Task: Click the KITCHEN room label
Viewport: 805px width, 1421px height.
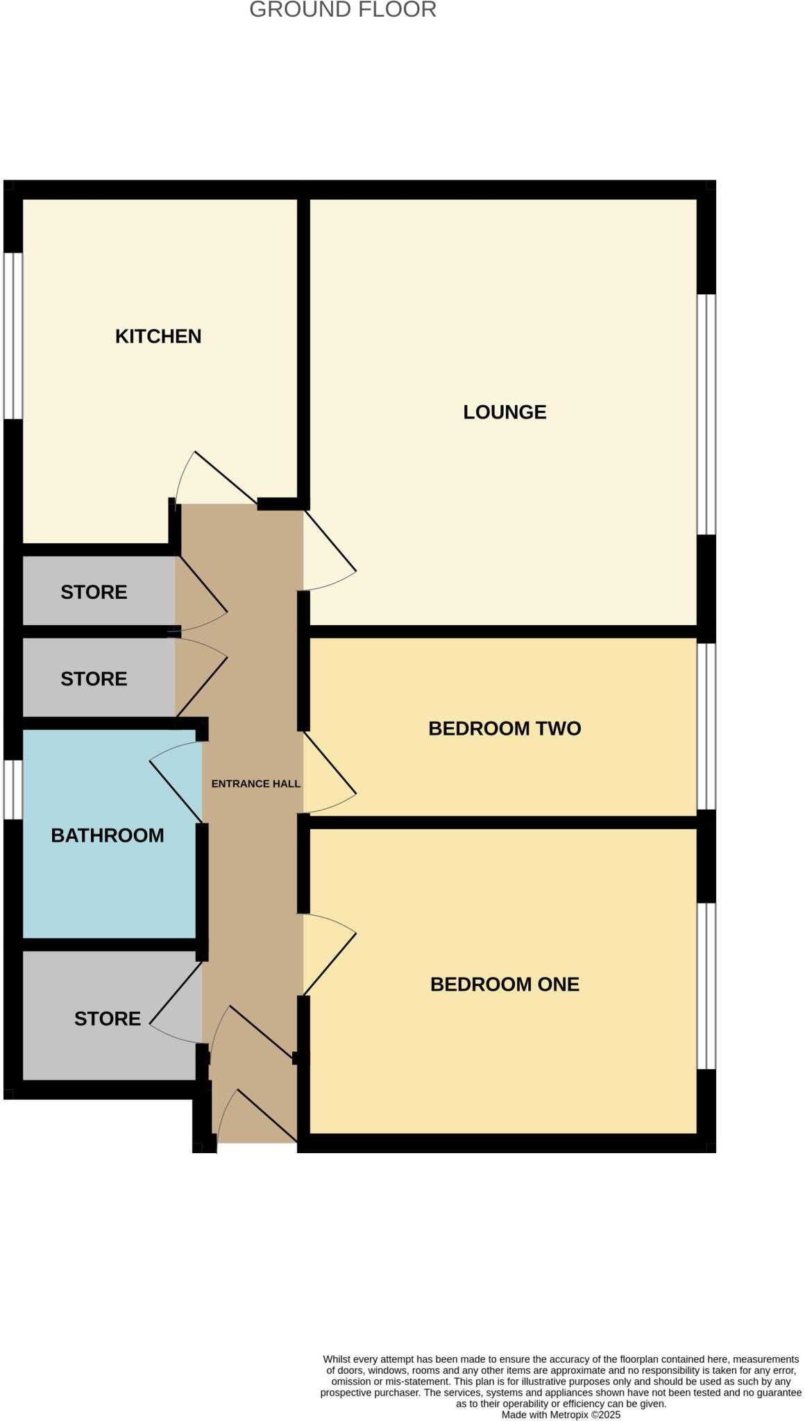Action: pyautogui.click(x=158, y=337)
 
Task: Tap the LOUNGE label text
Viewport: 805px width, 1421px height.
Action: pyautogui.click(x=505, y=412)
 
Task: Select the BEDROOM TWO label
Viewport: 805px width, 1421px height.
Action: pyautogui.click(x=505, y=729)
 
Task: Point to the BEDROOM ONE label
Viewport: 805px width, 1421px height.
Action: pyautogui.click(x=505, y=985)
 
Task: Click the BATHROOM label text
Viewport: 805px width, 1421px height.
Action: pyautogui.click(x=108, y=835)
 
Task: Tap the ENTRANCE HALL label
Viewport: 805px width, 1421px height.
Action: pyautogui.click(x=255, y=784)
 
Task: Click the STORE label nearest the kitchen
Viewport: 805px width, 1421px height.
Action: pyautogui.click(x=94, y=593)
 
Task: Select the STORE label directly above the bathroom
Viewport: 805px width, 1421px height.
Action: pyautogui.click(x=94, y=679)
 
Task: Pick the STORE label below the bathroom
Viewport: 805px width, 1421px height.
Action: pyautogui.click(x=108, y=1019)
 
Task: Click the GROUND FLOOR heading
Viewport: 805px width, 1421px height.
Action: pyautogui.click(x=343, y=10)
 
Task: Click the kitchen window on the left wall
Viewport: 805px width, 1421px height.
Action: pyautogui.click(x=13, y=336)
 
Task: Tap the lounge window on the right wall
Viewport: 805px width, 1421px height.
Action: pyautogui.click(x=706, y=414)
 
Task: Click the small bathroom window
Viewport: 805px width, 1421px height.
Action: pyautogui.click(x=13, y=790)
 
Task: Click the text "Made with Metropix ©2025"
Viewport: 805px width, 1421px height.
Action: pyautogui.click(x=561, y=1415)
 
